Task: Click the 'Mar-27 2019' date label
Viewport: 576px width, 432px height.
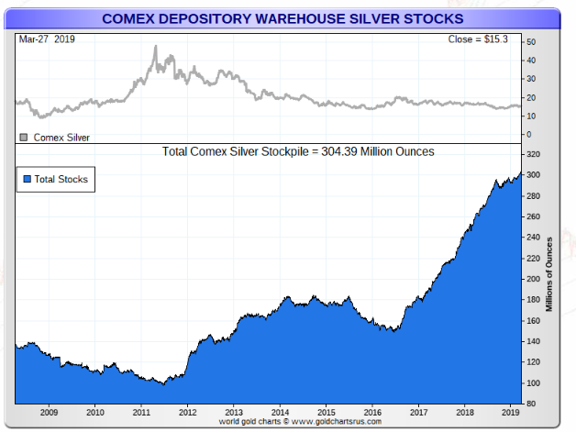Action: [x=46, y=40]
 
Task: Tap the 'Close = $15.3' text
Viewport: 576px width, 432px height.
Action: [x=481, y=40]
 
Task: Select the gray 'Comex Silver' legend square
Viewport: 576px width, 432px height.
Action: [x=24, y=137]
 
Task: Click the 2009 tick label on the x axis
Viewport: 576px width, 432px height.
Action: [x=48, y=413]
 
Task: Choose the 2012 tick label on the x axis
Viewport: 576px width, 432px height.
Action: [x=187, y=413]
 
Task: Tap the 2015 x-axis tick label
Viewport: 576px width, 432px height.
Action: [x=326, y=413]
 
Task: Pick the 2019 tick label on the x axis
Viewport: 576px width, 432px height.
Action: [x=510, y=413]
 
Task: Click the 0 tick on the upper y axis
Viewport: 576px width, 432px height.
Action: [x=529, y=134]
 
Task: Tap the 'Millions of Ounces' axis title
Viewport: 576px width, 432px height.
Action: [x=549, y=274]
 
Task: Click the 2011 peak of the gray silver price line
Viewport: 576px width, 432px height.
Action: [x=155, y=47]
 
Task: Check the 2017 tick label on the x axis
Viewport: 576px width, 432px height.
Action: [x=418, y=413]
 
